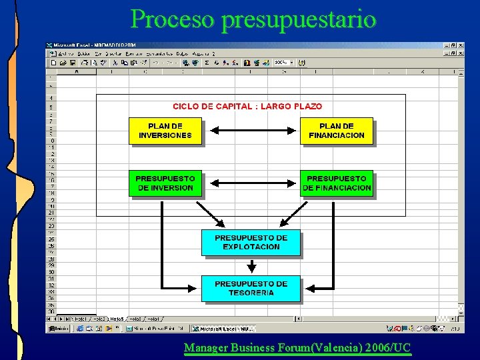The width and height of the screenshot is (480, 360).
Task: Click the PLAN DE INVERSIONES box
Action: tap(165, 130)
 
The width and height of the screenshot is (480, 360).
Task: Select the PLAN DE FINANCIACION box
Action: tap(337, 130)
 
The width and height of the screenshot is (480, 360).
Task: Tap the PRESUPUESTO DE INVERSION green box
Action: tap(165, 183)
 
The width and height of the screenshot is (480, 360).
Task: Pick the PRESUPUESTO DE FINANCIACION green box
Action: tap(337, 183)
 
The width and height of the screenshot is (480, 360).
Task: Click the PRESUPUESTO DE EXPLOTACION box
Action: tap(251, 242)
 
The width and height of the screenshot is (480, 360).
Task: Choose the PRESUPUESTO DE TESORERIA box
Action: tap(251, 288)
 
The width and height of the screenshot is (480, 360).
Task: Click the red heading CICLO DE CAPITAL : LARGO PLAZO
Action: tap(247, 106)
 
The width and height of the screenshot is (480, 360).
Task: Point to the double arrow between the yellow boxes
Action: tap(251, 130)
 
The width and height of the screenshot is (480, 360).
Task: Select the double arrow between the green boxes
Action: tap(251, 183)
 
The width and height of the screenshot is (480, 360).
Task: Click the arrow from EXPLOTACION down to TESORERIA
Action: tap(251, 265)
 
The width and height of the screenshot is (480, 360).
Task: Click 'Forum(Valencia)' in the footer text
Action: tap(319, 347)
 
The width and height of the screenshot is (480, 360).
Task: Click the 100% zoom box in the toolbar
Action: tap(281, 63)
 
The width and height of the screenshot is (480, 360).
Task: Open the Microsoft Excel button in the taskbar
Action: tap(221, 329)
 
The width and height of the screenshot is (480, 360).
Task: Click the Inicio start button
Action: tap(59, 329)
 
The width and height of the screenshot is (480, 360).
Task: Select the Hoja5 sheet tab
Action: tap(117, 319)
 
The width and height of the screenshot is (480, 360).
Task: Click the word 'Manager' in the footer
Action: tap(204, 347)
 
